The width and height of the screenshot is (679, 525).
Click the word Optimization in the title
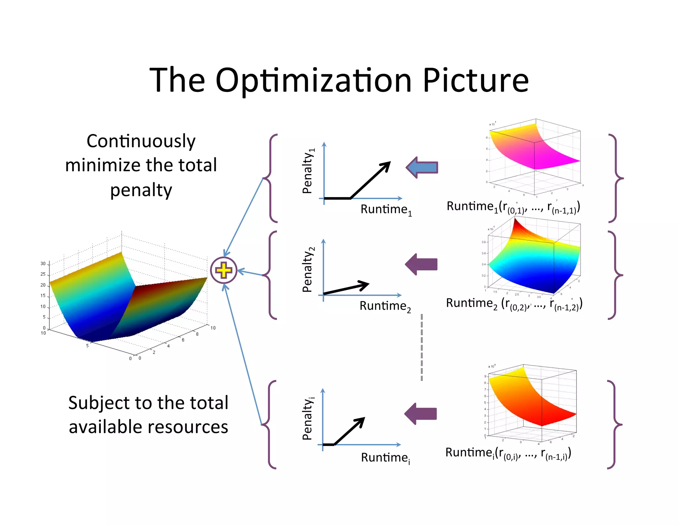313,81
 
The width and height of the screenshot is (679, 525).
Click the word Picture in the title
475,81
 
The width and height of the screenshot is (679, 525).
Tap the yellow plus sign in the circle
223,270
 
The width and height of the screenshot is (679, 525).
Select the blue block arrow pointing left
422,167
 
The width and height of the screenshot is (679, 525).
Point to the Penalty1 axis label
308,171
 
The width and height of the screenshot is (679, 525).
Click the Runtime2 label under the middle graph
385,306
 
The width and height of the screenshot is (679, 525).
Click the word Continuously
141,141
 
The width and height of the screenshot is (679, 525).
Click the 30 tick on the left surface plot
43,263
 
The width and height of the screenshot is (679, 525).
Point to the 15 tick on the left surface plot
43,295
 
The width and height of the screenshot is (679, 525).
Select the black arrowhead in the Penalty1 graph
386,166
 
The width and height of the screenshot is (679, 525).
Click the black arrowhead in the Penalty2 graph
365,285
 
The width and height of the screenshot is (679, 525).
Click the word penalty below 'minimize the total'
141,190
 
